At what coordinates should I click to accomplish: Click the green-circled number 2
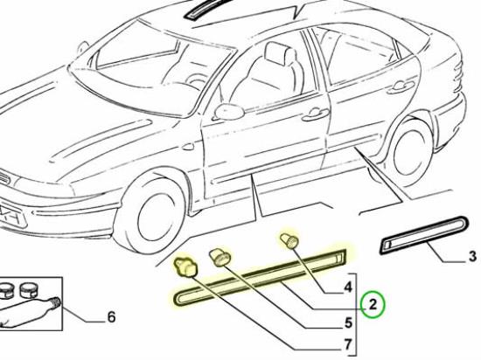[373, 305]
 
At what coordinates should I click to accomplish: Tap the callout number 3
[472, 256]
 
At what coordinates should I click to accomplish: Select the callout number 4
[347, 287]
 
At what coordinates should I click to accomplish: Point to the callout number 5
[348, 323]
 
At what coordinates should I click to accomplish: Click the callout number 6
[111, 317]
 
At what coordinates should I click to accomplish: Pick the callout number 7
[347, 345]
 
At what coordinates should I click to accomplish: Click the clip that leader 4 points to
[289, 241]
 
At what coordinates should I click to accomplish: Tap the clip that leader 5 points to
[220, 258]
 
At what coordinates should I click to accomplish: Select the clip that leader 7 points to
[185, 267]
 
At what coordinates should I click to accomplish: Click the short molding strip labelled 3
[424, 235]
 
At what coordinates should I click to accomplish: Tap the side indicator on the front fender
[187, 147]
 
